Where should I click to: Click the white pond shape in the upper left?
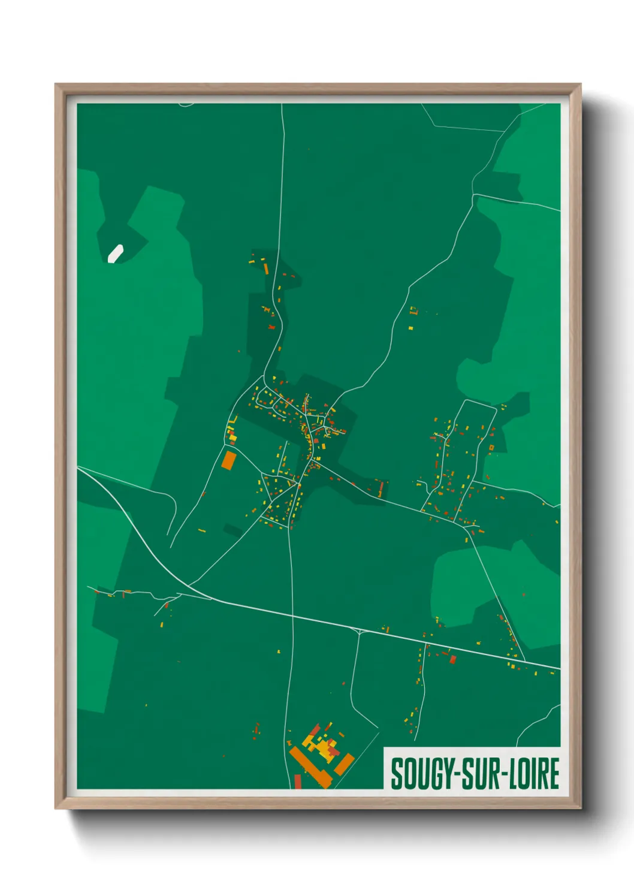coord(115,254)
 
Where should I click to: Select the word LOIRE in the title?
coord(535,774)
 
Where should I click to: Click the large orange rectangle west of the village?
coord(228,460)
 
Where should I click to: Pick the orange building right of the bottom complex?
coord(344,764)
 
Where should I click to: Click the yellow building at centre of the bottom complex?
coord(324,747)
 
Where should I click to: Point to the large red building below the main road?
coord(452,659)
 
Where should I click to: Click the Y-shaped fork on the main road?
coord(358,630)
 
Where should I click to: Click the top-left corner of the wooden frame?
coord(56,85)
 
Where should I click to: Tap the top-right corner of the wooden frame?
coord(580,85)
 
